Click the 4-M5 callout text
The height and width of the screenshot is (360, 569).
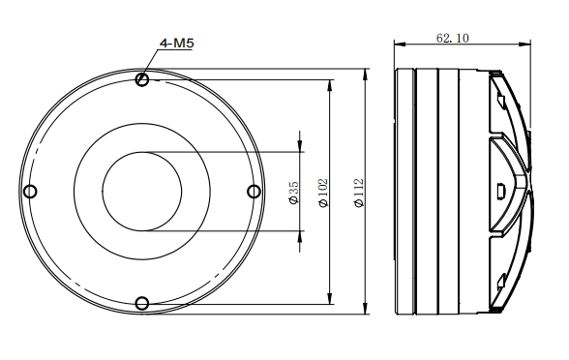click(x=177, y=44)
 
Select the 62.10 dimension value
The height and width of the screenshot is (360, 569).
click(x=453, y=38)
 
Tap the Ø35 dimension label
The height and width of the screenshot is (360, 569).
click(x=294, y=193)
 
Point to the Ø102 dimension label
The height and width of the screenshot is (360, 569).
click(x=322, y=193)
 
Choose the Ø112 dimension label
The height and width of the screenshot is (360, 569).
click(x=358, y=193)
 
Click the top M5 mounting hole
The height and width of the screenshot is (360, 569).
click(x=142, y=79)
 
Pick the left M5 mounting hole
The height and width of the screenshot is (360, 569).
click(x=30, y=192)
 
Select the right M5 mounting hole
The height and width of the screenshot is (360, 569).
click(x=254, y=192)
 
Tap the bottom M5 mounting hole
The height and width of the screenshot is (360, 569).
click(x=142, y=304)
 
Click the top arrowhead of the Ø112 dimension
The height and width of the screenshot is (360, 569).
click(x=366, y=75)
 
